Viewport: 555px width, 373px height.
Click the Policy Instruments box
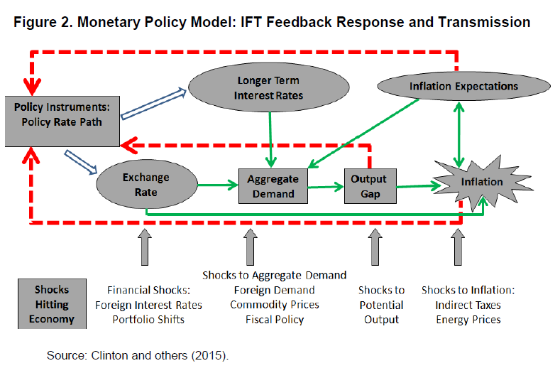click(x=62, y=121)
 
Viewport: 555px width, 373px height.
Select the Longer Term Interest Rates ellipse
click(x=269, y=87)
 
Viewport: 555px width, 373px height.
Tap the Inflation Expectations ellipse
click(x=463, y=86)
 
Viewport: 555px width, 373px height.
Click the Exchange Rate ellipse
click(x=146, y=184)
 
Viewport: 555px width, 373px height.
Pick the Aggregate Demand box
click(x=273, y=186)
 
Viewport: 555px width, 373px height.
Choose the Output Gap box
click(x=370, y=186)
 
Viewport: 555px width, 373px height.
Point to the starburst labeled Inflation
click(x=482, y=183)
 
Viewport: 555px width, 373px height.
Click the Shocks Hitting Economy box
click(x=52, y=304)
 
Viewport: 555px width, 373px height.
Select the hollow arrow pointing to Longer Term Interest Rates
click(x=153, y=104)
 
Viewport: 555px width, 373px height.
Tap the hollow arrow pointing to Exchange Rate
click(x=81, y=162)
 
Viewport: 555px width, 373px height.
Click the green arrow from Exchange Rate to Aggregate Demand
click(x=218, y=185)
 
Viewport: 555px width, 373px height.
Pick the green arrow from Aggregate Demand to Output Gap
click(x=326, y=187)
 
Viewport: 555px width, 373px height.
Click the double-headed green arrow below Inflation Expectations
click(x=459, y=135)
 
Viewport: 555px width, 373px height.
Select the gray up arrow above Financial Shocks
click(x=145, y=247)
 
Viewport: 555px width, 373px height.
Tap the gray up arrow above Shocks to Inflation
click(x=458, y=247)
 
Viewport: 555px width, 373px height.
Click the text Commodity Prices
click(x=275, y=305)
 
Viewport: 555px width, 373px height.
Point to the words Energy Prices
click(x=468, y=320)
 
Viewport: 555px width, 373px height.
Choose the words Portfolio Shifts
click(x=148, y=320)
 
